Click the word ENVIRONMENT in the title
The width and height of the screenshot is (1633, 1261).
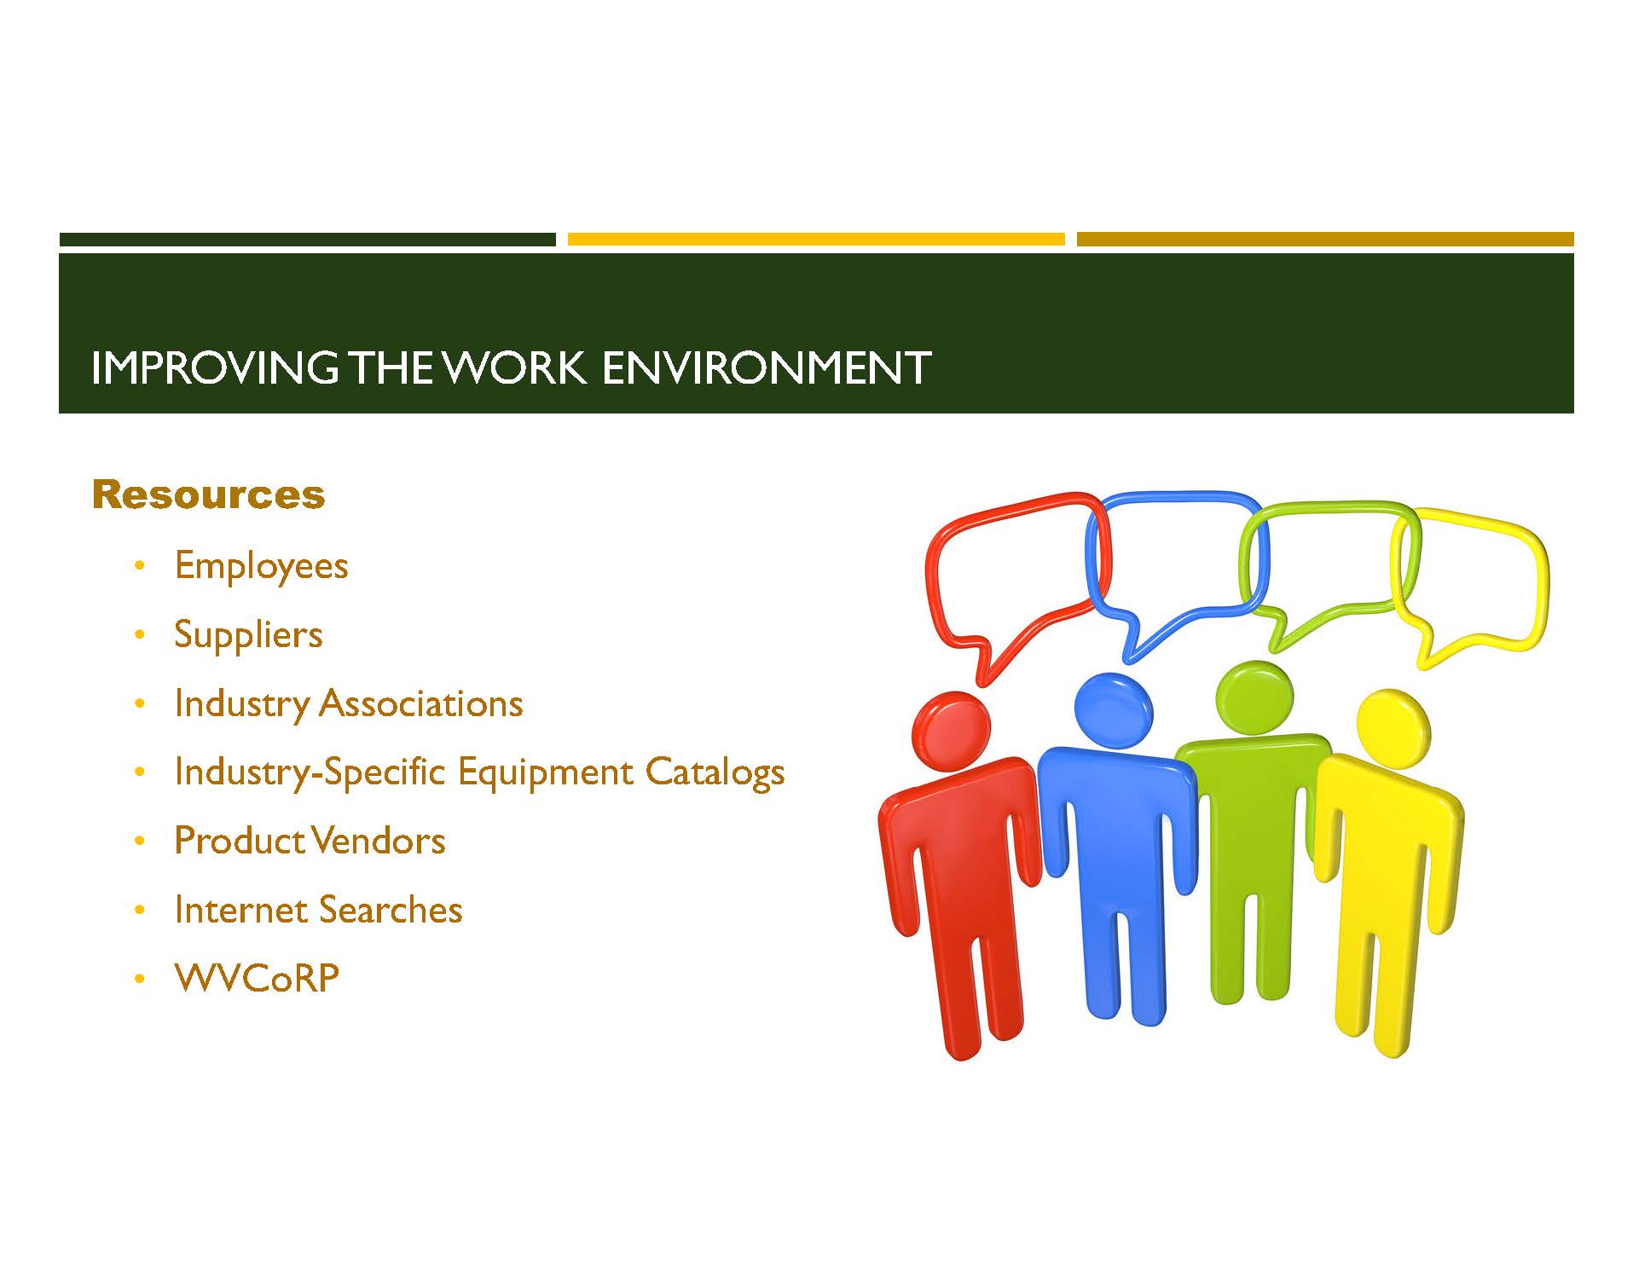click(767, 367)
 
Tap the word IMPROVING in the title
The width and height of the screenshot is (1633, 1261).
click(214, 367)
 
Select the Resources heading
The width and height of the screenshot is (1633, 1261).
click(209, 495)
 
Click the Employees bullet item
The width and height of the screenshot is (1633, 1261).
click(261, 566)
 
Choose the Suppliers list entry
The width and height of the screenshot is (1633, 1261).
click(248, 635)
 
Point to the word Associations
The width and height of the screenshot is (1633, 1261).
click(421, 703)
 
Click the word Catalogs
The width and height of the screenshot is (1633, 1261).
click(715, 772)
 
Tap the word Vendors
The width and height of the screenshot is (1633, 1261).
click(377, 841)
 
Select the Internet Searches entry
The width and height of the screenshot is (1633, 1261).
click(318, 910)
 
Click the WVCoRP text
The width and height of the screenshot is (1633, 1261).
click(257, 978)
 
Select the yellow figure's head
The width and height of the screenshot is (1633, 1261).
click(1393, 726)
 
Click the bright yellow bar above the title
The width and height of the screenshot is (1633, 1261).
click(816, 240)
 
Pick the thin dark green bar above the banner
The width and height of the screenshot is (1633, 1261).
click(307, 240)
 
